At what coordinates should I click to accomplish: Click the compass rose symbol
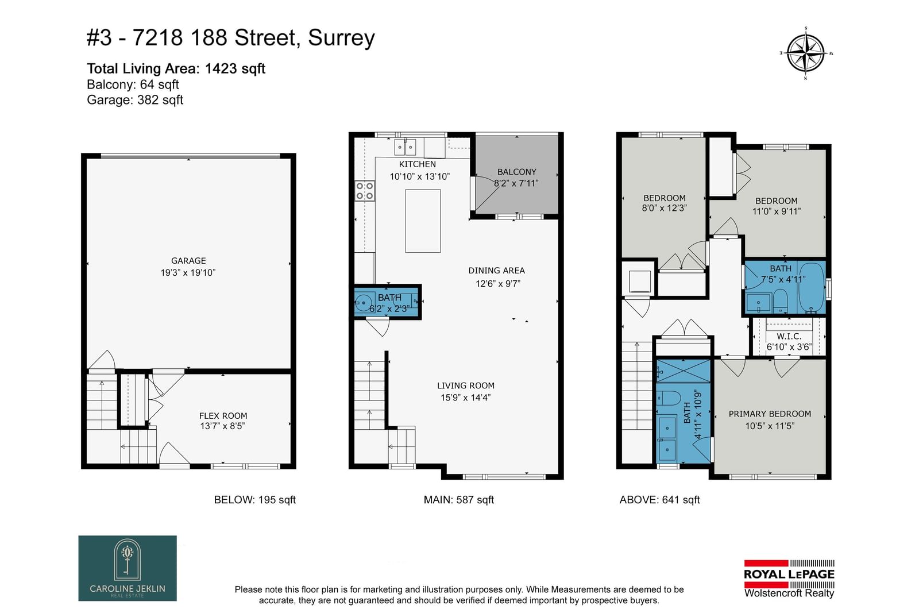click(x=806, y=53)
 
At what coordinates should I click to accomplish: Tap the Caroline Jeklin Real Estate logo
click(x=128, y=568)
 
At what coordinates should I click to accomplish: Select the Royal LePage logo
click(x=789, y=579)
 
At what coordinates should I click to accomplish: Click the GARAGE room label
click(x=188, y=261)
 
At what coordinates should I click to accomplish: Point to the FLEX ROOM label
click(x=223, y=415)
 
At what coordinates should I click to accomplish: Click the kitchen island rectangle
click(x=423, y=221)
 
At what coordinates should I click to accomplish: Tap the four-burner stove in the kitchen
click(x=364, y=191)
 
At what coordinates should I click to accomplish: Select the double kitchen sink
click(x=405, y=147)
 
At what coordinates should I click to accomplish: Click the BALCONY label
click(x=516, y=172)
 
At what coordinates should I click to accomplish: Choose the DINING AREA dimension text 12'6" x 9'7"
click(x=497, y=284)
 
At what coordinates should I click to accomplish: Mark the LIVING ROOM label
click(x=466, y=385)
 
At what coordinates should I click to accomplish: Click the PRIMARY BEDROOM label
click(x=770, y=414)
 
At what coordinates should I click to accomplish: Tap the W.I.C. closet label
click(x=789, y=337)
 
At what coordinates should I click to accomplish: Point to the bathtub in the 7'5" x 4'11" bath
click(x=812, y=288)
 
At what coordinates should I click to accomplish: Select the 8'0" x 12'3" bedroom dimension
click(x=664, y=208)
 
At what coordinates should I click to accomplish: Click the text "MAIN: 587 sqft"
click(x=459, y=500)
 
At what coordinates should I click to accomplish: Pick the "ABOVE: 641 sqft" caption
click(x=659, y=500)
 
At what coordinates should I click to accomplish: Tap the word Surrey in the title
click(x=341, y=38)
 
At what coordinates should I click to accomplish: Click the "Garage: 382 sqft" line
click(x=135, y=100)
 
